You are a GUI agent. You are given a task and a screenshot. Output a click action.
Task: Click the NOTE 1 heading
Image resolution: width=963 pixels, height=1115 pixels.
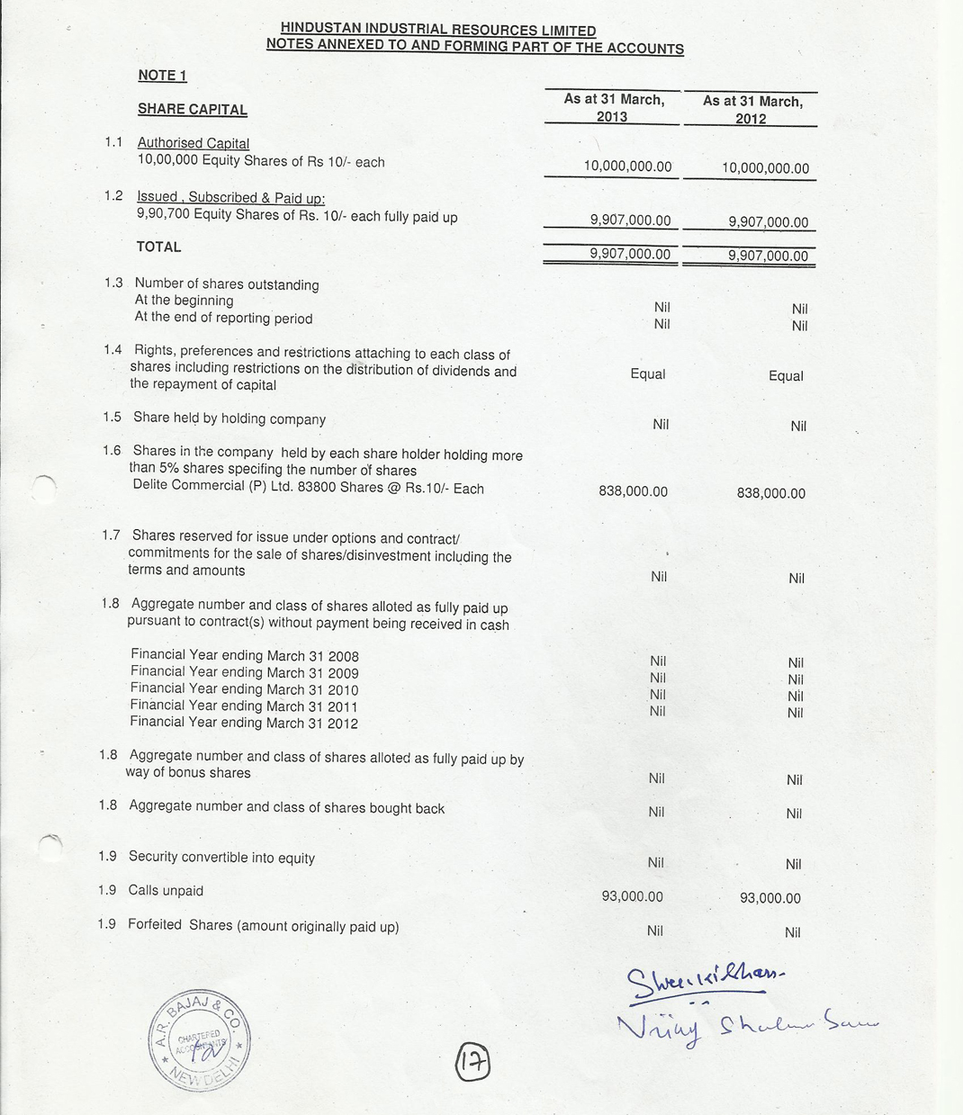click(x=162, y=76)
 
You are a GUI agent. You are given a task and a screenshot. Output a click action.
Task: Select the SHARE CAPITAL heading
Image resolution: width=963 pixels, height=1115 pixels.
click(x=192, y=110)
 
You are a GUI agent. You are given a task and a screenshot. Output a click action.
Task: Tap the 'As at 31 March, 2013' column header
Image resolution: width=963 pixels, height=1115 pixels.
click(x=614, y=108)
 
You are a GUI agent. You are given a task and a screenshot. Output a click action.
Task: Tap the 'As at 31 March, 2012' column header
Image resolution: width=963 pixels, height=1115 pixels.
click(x=751, y=110)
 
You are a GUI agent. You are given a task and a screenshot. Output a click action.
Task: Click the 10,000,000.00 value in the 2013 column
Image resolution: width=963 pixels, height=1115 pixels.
click(x=627, y=166)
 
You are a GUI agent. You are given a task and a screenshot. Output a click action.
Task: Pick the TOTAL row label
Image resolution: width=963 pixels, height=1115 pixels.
click(x=158, y=247)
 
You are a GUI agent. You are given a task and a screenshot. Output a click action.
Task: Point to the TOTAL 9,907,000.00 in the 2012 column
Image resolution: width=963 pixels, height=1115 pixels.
click(x=768, y=256)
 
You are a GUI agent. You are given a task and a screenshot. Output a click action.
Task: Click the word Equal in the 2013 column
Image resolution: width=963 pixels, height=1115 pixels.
click(x=647, y=374)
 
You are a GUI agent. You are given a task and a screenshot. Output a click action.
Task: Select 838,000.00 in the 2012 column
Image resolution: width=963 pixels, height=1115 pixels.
click(x=770, y=493)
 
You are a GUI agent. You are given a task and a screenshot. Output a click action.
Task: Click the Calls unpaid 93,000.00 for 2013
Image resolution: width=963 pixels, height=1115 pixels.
click(x=632, y=896)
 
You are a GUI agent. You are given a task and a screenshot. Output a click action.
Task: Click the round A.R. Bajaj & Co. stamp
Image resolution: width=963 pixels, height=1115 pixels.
click(x=200, y=1041)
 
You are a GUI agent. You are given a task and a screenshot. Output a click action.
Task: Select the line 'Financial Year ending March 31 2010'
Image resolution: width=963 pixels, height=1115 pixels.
click(x=244, y=689)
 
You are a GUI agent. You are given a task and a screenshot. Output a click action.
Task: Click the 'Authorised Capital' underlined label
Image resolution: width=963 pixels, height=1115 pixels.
click(x=193, y=143)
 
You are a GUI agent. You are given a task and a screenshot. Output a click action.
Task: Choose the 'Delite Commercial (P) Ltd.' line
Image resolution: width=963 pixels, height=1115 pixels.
click(x=307, y=489)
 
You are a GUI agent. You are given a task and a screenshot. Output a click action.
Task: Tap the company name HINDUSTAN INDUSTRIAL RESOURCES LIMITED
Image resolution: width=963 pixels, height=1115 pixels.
click(x=437, y=31)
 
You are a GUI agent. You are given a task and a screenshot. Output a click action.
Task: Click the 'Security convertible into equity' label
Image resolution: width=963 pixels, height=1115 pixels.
click(x=221, y=858)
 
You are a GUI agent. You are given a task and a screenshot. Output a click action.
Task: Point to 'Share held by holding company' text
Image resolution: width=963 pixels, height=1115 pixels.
click(x=229, y=418)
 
